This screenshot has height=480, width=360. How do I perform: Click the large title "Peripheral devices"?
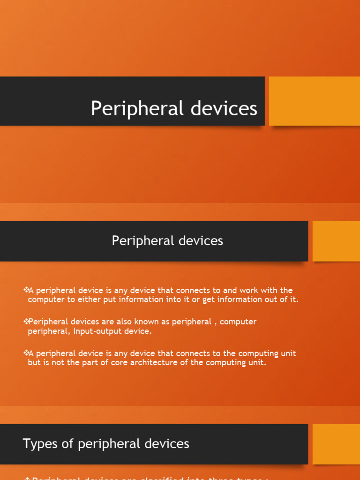pyautogui.click(x=174, y=109)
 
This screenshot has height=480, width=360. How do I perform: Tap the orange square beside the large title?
pyautogui.click(x=314, y=101)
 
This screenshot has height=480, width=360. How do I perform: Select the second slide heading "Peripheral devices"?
pyautogui.click(x=167, y=241)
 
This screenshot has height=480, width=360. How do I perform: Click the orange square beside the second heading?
pyautogui.click(x=336, y=241)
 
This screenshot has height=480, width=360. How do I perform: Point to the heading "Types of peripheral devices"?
pyautogui.click(x=106, y=443)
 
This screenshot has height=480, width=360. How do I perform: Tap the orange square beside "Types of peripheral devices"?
pyautogui.click(x=336, y=444)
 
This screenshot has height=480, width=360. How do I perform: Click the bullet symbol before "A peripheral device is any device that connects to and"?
pyautogui.click(x=26, y=291)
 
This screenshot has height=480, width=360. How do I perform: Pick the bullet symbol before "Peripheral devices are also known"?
pyautogui.click(x=26, y=322)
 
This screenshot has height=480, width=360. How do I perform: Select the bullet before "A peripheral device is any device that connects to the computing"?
pyautogui.click(x=26, y=353)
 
